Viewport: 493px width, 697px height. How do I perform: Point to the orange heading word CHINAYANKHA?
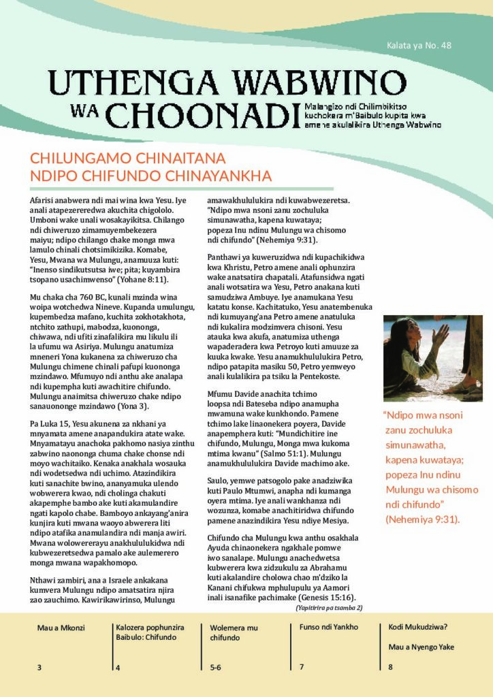click(220, 176)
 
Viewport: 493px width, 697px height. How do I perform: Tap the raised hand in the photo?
click(441, 334)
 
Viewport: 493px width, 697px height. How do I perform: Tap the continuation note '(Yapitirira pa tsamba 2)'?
click(329, 607)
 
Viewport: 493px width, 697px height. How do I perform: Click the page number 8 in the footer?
click(390, 667)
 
